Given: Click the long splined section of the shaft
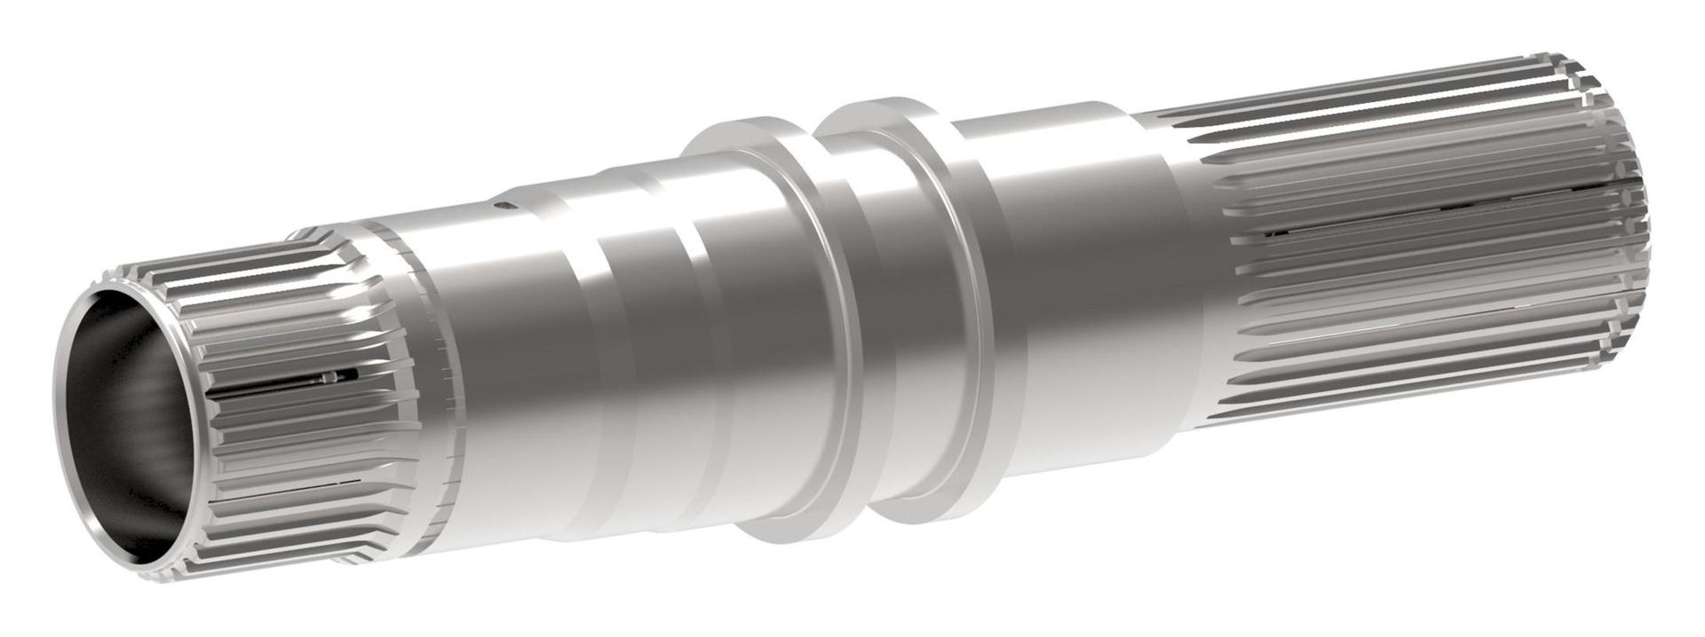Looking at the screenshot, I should (1421, 240).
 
